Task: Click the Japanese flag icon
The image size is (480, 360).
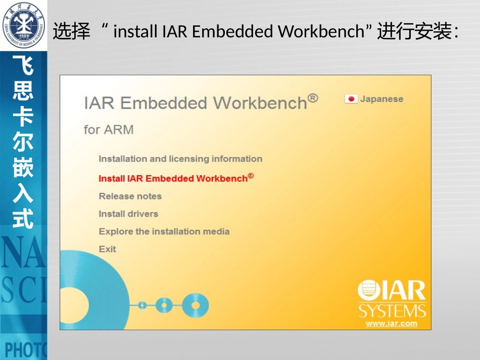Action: [x=351, y=99]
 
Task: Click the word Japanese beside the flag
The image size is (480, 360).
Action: [x=381, y=99]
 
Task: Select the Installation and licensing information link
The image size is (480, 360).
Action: [x=180, y=159]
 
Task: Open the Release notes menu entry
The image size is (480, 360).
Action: [x=130, y=196]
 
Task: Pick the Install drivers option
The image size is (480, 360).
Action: [x=128, y=214]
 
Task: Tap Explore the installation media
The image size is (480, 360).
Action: [x=164, y=232]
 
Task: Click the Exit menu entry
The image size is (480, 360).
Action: [x=107, y=249]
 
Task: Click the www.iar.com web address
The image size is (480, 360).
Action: [x=392, y=324]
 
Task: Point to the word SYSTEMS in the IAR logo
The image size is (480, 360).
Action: [x=392, y=310]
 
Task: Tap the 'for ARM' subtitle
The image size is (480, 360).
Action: [x=109, y=130]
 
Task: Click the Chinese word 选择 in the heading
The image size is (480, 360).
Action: [x=71, y=32]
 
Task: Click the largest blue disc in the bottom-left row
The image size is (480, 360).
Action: [x=195, y=304]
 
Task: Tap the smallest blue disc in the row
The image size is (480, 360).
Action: [x=142, y=305]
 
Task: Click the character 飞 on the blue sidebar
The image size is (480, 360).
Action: [x=23, y=66]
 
